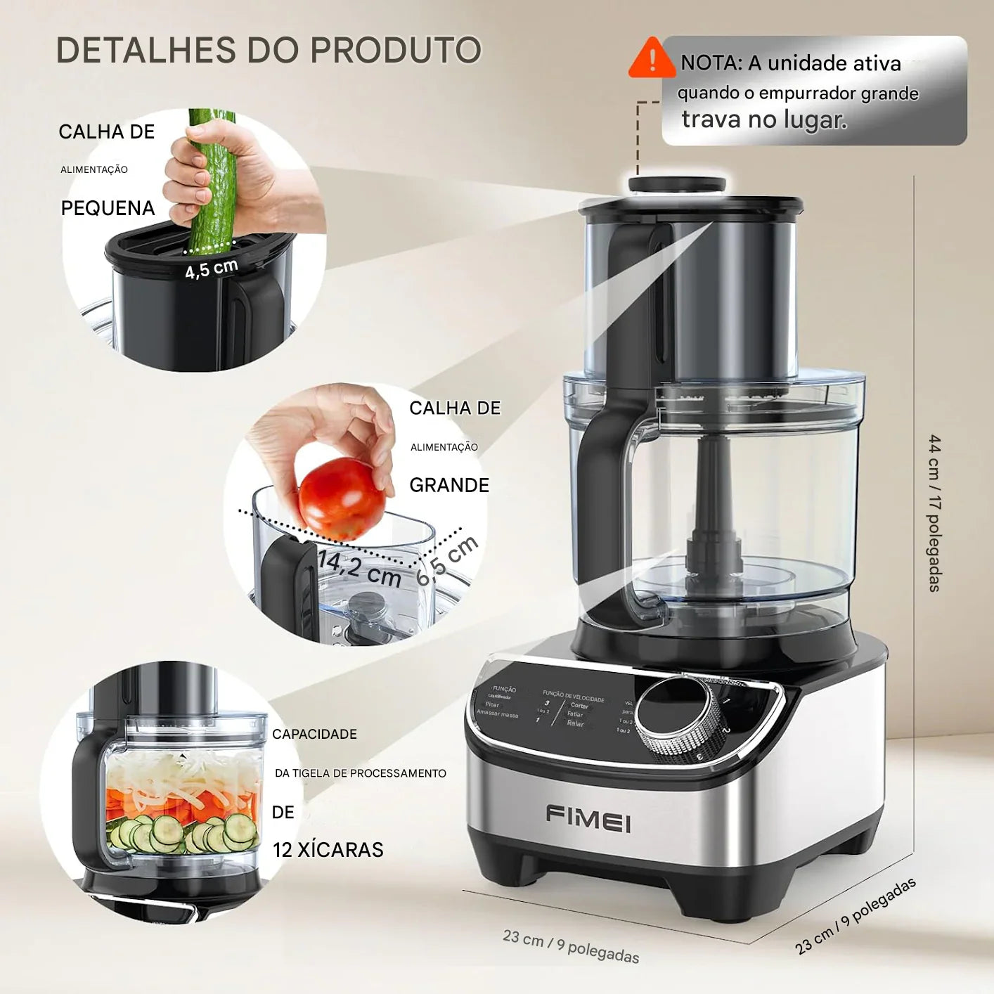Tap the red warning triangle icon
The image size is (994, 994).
coord(652,58)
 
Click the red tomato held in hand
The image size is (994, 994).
coord(340,497)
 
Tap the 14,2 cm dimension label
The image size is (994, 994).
coord(359,569)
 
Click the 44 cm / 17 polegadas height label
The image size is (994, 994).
coord(934,513)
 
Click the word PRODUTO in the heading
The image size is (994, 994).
coord(396,51)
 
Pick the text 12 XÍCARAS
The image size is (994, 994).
coord(328,850)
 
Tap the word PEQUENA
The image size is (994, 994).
coord(108,208)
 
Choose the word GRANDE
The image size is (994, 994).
coord(449,485)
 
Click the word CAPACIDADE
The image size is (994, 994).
coord(314,734)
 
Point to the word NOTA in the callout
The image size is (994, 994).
coord(710,63)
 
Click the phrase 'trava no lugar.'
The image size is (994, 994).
coord(764,120)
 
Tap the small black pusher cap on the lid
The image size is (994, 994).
coord(676,185)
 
